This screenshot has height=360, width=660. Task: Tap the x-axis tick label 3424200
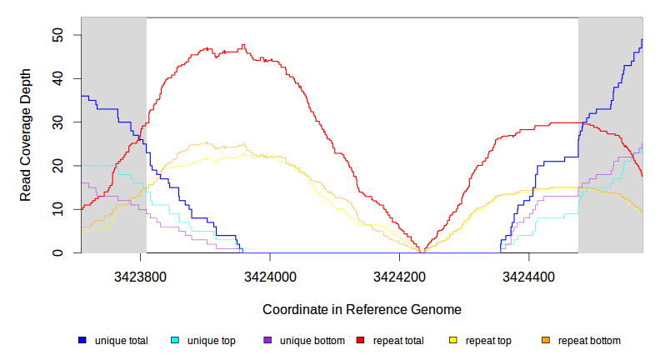399,276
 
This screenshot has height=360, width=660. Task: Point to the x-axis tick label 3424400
528,276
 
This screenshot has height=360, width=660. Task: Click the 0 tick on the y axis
57,252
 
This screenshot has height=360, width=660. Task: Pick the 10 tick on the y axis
57,209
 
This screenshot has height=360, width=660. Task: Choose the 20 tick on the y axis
57,166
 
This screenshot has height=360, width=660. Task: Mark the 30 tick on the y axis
57,122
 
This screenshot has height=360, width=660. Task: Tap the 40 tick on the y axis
57,78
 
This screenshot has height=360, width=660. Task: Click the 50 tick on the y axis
57,35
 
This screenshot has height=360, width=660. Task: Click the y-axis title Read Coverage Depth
26,135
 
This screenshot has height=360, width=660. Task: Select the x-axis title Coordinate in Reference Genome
362,309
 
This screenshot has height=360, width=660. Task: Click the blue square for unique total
82,340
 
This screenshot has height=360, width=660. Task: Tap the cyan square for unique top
175,340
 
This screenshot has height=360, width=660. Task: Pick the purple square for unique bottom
267,340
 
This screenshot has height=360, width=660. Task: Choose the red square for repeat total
360,340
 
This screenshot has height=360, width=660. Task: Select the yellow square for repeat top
453,340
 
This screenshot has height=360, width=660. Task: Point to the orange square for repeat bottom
546,340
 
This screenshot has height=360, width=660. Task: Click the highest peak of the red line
243,45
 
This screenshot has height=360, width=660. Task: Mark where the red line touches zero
422,252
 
